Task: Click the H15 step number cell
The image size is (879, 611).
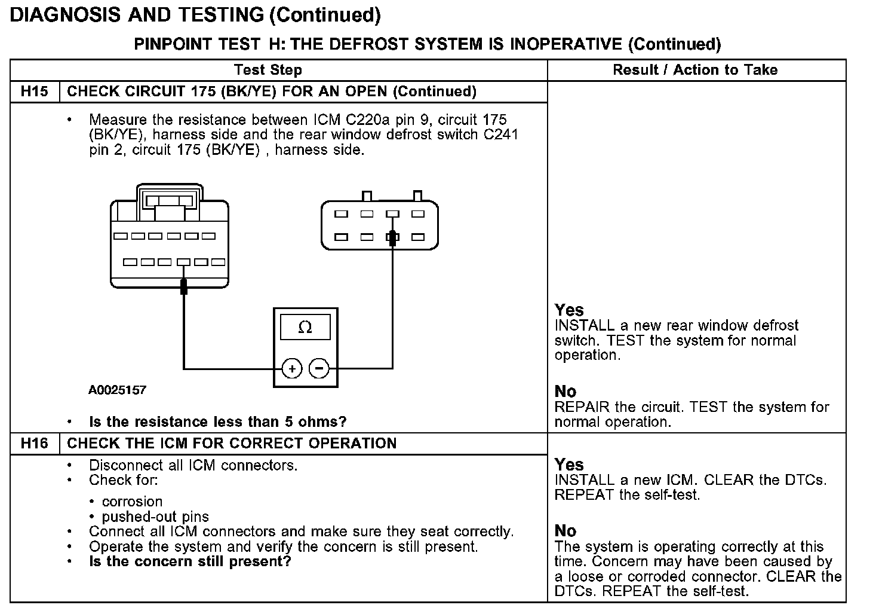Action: [34, 91]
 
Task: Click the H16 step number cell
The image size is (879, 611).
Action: [34, 443]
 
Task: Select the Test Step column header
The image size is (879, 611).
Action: [268, 70]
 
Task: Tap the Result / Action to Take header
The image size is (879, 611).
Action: [695, 70]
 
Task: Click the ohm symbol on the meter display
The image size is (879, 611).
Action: [305, 328]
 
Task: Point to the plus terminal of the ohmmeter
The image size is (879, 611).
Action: [292, 368]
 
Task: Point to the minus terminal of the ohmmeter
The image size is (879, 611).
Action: [319, 368]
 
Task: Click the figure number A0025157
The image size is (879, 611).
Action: [118, 390]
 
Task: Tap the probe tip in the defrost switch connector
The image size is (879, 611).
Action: [392, 237]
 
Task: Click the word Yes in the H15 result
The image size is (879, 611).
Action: [569, 310]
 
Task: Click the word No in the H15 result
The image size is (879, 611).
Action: [565, 392]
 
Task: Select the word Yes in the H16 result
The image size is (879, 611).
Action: [569, 465]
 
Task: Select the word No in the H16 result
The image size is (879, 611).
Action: [565, 531]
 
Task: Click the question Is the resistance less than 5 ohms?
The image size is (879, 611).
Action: [217, 422]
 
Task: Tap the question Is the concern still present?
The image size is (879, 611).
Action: [190, 561]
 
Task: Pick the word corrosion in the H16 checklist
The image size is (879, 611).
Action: [132, 502]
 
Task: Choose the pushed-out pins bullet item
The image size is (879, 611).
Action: [155, 517]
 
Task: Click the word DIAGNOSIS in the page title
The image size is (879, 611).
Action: [66, 15]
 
